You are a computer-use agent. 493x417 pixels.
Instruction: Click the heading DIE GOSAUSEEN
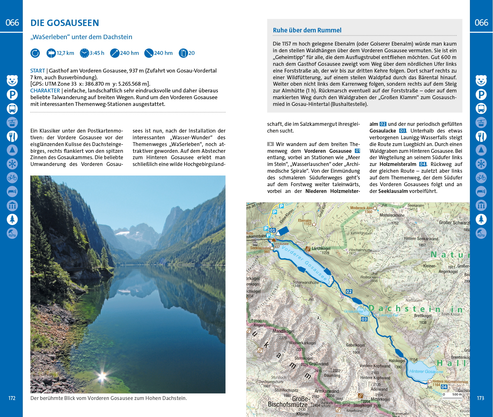tap(65, 23)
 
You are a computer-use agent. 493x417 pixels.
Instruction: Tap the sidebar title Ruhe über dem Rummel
tap(307, 30)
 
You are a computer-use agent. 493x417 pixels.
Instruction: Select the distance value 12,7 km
tap(65, 53)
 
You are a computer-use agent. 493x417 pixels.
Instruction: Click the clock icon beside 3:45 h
tap(84, 53)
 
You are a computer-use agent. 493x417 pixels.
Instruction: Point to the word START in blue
tap(38, 71)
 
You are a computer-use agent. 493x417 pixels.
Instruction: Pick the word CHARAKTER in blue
tap(45, 91)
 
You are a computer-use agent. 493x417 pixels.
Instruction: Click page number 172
tap(12, 398)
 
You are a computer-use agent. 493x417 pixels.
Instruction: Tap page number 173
tap(480, 398)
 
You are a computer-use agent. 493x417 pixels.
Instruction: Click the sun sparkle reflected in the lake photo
tap(102, 375)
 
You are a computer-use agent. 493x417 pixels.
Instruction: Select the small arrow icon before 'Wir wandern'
tap(271, 144)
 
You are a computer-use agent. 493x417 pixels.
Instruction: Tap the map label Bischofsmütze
tap(288, 404)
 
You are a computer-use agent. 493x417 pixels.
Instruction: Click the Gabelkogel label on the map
tap(355, 345)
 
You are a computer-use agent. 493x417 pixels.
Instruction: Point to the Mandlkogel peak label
tap(283, 331)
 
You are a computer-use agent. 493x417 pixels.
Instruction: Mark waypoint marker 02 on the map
tap(349, 291)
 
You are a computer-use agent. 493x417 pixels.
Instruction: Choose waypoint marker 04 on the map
tap(444, 387)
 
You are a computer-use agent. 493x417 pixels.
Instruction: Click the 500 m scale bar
tap(453, 398)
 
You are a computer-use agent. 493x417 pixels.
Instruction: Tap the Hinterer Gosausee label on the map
tap(426, 371)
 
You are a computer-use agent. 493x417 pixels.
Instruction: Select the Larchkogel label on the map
tap(321, 248)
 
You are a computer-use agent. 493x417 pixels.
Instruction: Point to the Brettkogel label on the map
tap(423, 316)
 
